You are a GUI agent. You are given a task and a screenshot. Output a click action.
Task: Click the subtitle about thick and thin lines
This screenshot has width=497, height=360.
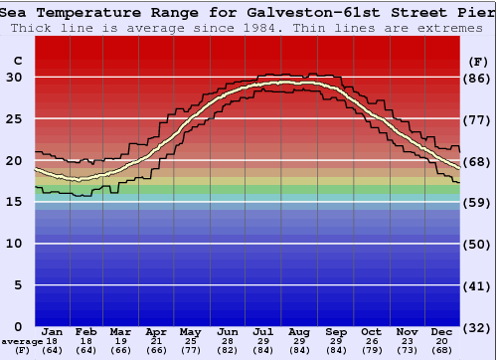tap(248, 27)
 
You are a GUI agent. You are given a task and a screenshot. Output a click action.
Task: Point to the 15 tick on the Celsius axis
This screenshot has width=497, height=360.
tap(15, 202)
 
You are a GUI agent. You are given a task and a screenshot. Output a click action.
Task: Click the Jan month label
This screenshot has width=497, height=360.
tap(53, 331)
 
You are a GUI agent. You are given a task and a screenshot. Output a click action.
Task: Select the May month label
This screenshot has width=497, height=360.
tap(189, 331)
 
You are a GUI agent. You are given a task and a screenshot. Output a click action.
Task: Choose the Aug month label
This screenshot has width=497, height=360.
tap(298, 331)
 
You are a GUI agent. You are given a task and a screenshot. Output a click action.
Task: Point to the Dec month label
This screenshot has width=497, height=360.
tap(441, 331)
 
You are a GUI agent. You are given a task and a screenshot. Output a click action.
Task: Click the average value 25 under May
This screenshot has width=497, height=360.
tap(189, 341)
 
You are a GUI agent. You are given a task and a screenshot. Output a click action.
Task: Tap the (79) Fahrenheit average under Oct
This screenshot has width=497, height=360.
tap(371, 350)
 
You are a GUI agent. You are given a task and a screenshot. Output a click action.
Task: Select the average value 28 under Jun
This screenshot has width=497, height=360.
tap(227, 341)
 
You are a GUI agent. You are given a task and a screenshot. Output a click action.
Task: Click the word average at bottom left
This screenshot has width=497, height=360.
tap(21, 341)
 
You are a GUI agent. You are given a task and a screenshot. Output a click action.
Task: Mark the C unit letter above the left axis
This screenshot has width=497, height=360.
tap(17, 61)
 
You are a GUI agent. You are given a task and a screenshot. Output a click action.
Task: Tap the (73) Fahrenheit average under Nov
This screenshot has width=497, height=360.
tap(407, 350)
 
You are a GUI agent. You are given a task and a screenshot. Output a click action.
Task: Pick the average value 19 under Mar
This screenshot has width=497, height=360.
tap(120, 341)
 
